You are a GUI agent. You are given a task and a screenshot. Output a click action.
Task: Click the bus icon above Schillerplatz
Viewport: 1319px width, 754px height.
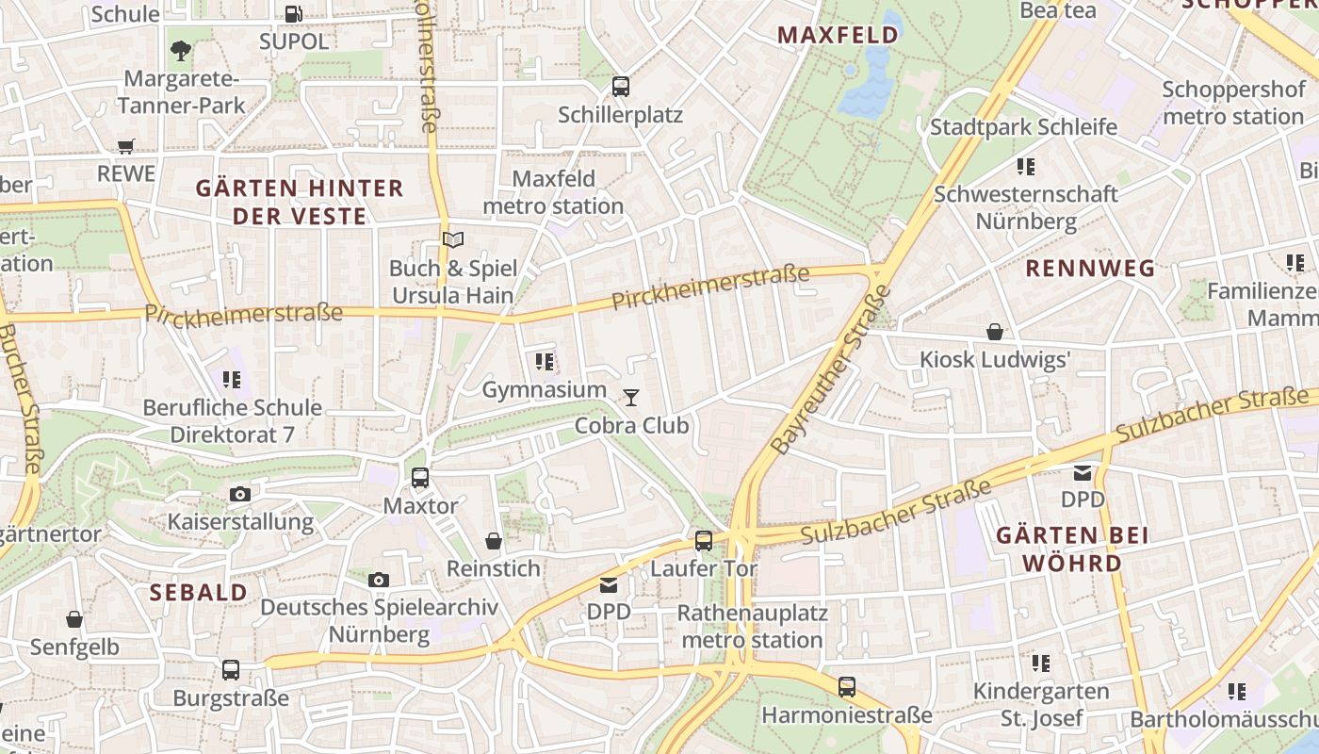[x=620, y=87]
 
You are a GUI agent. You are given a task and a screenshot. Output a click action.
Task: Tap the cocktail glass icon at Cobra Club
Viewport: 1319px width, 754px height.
[x=631, y=398]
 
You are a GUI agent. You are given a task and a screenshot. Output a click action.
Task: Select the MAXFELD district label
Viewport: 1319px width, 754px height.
[x=838, y=36]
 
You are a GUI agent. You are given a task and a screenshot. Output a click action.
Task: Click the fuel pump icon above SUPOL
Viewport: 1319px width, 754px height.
[x=294, y=14]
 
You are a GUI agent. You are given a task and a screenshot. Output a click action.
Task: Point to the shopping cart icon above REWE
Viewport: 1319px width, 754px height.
[x=126, y=146]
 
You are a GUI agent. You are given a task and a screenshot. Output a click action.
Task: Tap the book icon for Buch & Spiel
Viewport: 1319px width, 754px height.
[x=453, y=240]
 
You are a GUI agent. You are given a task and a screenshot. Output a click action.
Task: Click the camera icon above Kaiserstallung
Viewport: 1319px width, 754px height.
[x=240, y=494]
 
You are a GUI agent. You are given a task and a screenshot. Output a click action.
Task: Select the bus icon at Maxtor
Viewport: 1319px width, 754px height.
[x=420, y=478]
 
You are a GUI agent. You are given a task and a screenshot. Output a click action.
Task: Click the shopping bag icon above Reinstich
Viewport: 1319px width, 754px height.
[x=494, y=541]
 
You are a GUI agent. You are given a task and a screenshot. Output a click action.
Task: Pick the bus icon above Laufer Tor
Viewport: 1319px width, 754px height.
[x=704, y=541]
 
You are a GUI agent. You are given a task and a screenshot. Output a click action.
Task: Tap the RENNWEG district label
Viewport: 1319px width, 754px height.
[x=1090, y=269]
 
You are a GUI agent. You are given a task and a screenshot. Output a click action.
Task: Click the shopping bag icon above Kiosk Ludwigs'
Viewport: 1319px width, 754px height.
[x=995, y=332]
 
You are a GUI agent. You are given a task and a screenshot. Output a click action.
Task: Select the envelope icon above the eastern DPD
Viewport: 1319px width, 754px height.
[x=1083, y=472]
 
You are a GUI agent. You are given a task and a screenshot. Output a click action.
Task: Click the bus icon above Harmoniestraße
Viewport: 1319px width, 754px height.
[x=847, y=687]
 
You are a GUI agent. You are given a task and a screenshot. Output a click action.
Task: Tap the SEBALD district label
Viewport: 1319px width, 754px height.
[x=199, y=593]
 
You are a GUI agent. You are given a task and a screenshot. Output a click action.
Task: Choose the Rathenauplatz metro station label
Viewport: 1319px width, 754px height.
[x=753, y=627]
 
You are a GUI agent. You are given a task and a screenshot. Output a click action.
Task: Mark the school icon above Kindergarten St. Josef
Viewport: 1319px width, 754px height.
[x=1040, y=664]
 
